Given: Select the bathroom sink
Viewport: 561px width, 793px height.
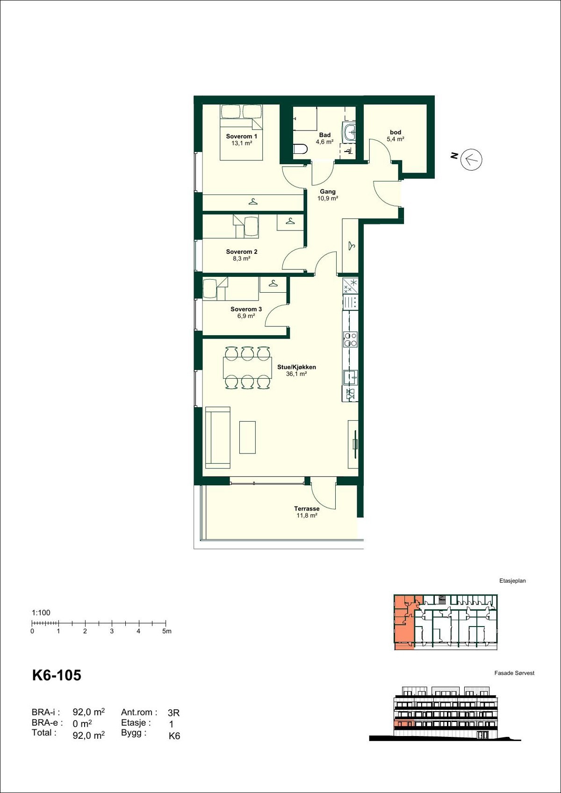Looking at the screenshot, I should (x=349, y=133).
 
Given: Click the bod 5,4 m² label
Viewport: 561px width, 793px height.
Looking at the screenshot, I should (x=396, y=136).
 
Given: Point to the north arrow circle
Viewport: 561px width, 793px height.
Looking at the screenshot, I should (x=471, y=159).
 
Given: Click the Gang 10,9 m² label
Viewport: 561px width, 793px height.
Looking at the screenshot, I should (x=328, y=195).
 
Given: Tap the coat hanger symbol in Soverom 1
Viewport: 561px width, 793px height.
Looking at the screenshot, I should (x=253, y=202).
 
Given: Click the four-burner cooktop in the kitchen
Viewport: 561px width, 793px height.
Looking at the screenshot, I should (x=350, y=339).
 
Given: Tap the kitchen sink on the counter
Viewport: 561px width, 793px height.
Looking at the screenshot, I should (x=350, y=376).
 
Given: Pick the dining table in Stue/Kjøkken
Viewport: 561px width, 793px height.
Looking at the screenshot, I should (x=247, y=368).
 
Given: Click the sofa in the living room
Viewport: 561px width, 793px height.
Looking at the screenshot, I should (x=218, y=437).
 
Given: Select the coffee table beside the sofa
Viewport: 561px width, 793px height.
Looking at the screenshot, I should (x=248, y=437).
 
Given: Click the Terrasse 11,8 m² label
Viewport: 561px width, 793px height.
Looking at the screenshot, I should (x=307, y=512).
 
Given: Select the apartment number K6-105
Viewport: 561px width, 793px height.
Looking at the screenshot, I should (x=57, y=675).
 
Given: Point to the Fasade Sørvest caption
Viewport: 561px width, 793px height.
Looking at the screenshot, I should (x=514, y=673).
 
